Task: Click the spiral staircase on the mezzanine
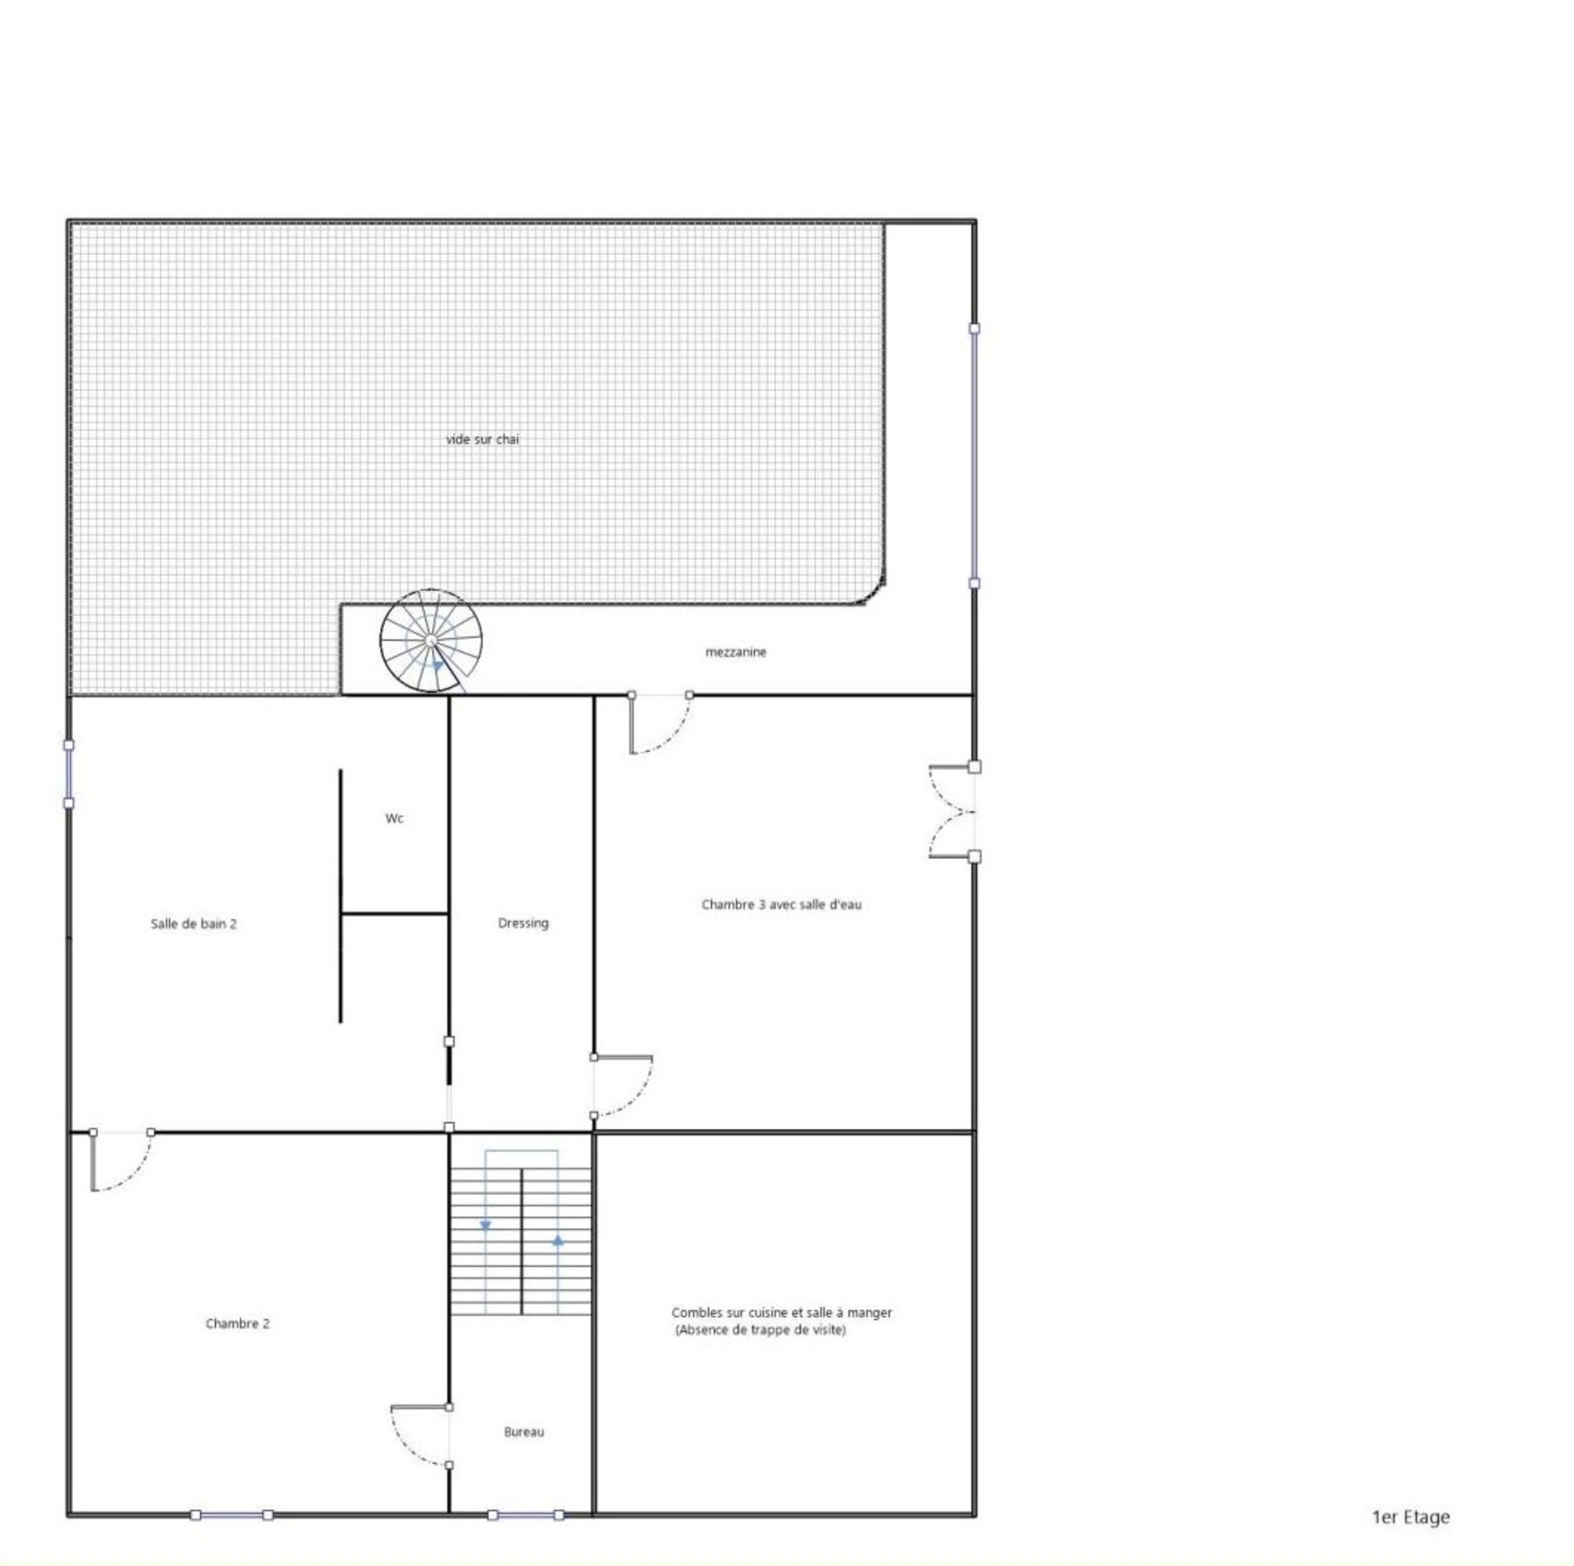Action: (x=431, y=642)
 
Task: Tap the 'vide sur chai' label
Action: (x=482, y=440)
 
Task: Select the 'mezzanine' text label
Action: (x=736, y=652)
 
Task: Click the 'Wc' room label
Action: (x=394, y=819)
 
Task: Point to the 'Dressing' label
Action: (x=523, y=923)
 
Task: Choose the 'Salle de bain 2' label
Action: (x=194, y=924)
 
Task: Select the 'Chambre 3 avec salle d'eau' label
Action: (x=781, y=905)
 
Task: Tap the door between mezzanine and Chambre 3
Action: (x=661, y=723)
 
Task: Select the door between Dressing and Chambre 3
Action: (x=623, y=1086)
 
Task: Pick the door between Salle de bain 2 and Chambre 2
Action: (x=121, y=1160)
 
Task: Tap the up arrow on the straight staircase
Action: (x=558, y=1240)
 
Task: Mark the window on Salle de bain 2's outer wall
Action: (x=68, y=775)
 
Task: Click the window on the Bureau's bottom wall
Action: (x=526, y=1516)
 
